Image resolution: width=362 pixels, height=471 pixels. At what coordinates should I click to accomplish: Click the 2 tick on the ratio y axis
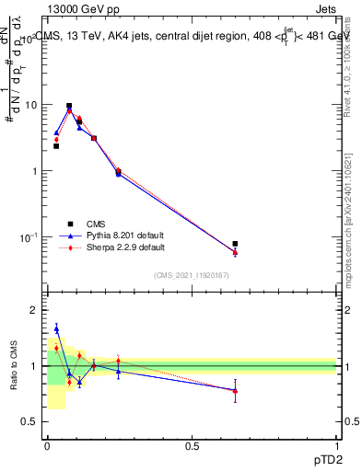pyautogui.click(x=34, y=310)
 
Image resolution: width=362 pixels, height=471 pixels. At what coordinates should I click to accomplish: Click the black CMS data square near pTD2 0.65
pyautogui.click(x=235, y=244)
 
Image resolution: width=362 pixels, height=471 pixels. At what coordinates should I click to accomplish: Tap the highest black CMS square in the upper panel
pyautogui.click(x=69, y=106)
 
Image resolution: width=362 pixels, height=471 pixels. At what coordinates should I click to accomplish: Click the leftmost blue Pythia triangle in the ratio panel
pyautogui.click(x=56, y=328)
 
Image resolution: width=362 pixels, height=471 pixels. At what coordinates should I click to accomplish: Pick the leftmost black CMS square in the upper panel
pyautogui.click(x=56, y=146)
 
